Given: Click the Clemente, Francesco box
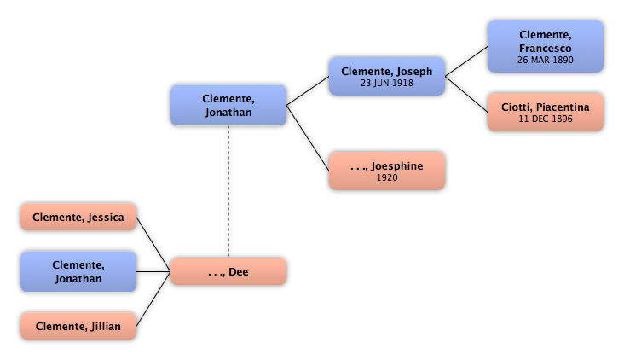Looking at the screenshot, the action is tap(546, 47).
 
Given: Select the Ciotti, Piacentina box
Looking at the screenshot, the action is tap(546, 112).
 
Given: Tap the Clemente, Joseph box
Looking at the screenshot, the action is tap(387, 76).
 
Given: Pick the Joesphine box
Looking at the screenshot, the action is tap(387, 171).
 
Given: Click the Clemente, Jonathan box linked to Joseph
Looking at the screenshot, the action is tap(228, 105).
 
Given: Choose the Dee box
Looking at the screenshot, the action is tap(228, 271).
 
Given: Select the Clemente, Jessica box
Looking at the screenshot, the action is tap(78, 217).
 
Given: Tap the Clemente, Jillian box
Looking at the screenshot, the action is tap(78, 326).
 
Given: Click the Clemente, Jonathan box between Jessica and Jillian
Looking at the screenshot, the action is tap(78, 271).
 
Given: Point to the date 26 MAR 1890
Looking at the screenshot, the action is tap(546, 60).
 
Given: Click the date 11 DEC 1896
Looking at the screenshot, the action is tap(546, 119).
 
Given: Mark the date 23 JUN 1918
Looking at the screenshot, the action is tap(387, 83).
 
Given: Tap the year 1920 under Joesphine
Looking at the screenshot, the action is tap(387, 177).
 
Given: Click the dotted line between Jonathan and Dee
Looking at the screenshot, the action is tap(228, 192).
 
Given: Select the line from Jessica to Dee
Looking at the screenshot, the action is tap(153, 245).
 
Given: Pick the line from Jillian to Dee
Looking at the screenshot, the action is tap(153, 299).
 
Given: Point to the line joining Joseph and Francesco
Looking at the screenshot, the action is tap(466, 61).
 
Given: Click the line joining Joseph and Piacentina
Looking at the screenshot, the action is tap(466, 94).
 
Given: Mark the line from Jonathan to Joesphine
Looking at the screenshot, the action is tap(308, 138).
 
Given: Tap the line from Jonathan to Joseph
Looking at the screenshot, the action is tap(308, 90).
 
